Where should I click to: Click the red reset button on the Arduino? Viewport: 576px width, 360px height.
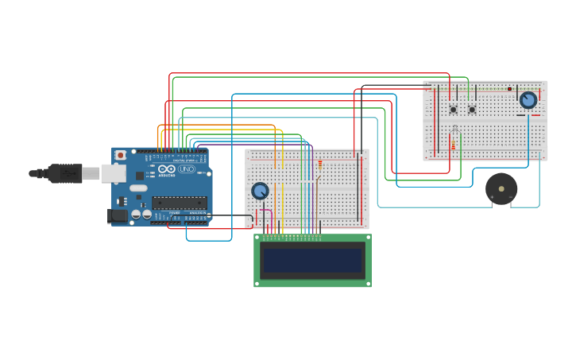[121, 156]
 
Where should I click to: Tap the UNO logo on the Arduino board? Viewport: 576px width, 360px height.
[187, 169]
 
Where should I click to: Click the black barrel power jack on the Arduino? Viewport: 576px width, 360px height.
[117, 215]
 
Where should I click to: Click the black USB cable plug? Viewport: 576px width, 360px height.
[64, 173]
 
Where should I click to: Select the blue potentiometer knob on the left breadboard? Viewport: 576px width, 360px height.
[260, 191]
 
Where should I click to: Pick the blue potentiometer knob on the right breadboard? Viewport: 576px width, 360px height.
[528, 100]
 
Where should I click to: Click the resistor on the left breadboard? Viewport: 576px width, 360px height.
[320, 165]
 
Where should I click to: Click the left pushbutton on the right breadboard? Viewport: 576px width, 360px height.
[454, 110]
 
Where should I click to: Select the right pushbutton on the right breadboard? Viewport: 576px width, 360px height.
[472, 110]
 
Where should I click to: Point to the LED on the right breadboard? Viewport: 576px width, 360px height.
[454, 129]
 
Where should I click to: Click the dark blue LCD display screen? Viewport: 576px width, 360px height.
[312, 261]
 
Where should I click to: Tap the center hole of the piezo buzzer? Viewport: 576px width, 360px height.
[501, 189]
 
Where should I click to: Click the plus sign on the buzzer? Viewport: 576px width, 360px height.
[492, 197]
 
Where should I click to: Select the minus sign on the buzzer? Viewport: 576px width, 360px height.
[511, 197]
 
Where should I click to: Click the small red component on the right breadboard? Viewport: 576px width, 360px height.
[509, 89]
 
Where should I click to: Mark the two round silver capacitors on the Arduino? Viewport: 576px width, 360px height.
[141, 215]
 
